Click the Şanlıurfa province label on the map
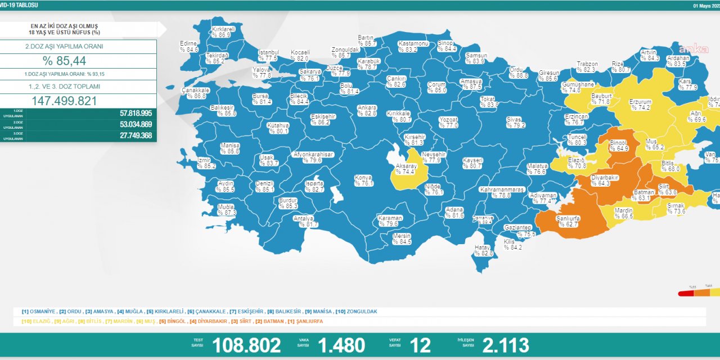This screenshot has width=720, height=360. click(569, 221)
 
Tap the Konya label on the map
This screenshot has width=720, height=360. click(363, 181)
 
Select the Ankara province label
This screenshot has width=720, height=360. click(367, 110)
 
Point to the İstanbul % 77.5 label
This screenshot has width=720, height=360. click(268, 55)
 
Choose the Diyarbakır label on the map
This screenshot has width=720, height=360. click(604, 179)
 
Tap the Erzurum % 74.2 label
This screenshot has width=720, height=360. click(640, 105)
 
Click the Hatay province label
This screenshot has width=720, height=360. click(482, 250)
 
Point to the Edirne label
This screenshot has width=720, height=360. click(188, 46)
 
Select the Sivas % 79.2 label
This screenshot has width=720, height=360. click(514, 122)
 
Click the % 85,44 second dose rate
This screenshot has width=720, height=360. click(64, 61)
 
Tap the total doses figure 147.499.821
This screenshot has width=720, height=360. click(64, 101)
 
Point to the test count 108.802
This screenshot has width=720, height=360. click(246, 345)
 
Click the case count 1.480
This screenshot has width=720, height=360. click(341, 345)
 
